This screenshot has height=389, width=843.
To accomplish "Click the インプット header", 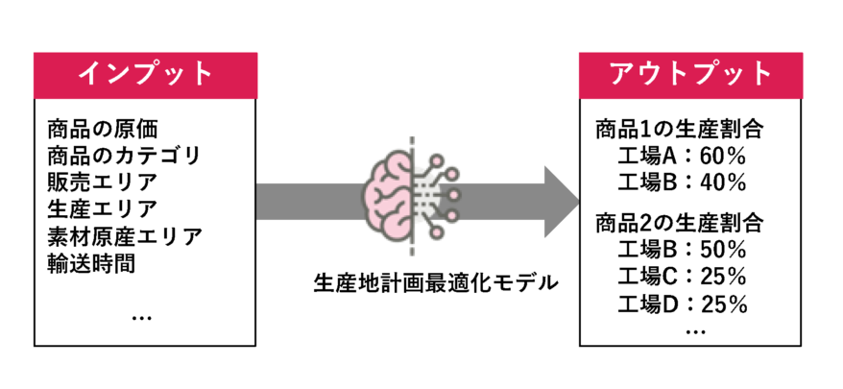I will [x=145, y=73].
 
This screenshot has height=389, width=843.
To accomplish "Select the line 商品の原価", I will [x=101, y=127].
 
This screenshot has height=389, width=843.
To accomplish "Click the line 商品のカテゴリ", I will [x=123, y=154].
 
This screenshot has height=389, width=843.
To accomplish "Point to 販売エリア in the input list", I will [x=101, y=181].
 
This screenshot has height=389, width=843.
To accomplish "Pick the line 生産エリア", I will [x=101, y=207].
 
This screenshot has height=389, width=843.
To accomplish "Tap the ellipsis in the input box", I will [x=141, y=315].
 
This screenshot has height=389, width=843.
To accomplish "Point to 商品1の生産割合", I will [x=679, y=129].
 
